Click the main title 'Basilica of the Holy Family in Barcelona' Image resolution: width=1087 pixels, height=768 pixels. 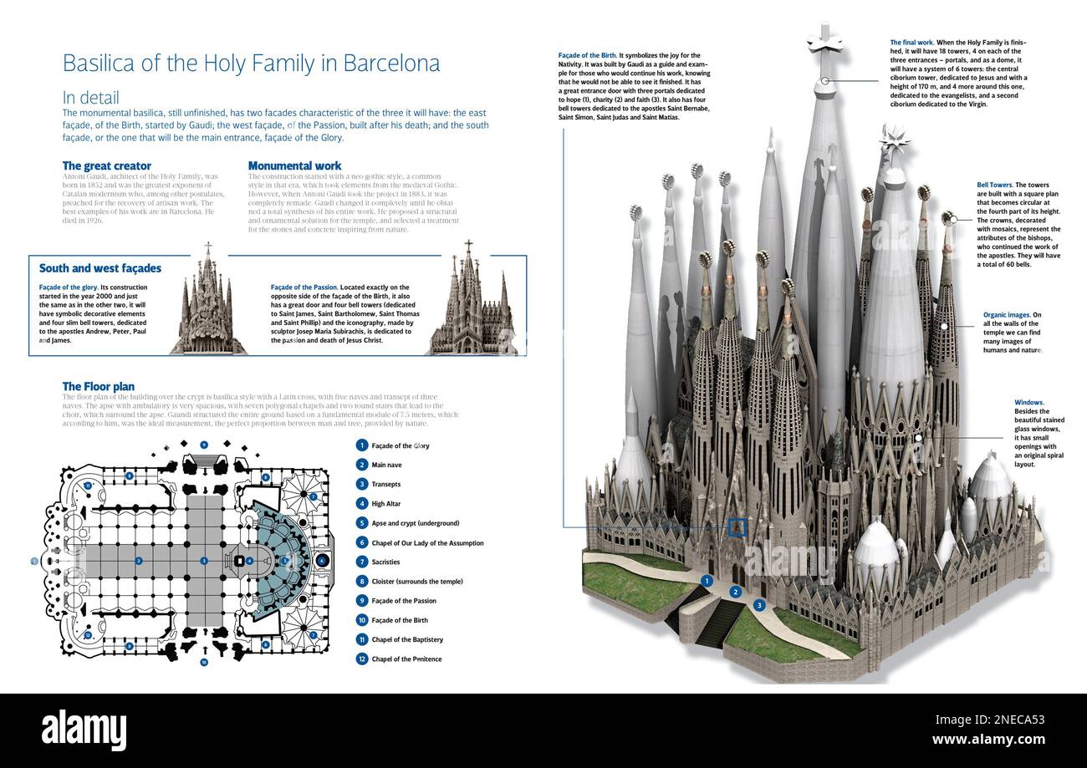pyautogui.click(x=251, y=64)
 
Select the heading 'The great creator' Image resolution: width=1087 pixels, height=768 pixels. pyautogui.click(x=107, y=165)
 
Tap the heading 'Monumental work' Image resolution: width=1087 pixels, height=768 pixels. pyautogui.click(x=294, y=165)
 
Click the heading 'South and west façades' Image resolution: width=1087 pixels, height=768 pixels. pyautogui.click(x=100, y=268)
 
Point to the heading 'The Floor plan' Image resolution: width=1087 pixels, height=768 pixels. pyautogui.click(x=98, y=386)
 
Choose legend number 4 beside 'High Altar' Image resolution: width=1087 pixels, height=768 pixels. pyautogui.click(x=361, y=504)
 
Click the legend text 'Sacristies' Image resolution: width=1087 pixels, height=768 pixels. pyautogui.click(x=385, y=562)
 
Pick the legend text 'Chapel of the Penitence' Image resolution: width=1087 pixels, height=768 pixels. pyautogui.click(x=406, y=659)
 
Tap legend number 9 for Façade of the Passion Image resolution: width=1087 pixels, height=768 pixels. pyautogui.click(x=361, y=601)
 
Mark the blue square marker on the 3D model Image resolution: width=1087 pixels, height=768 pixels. pyautogui.click(x=737, y=526)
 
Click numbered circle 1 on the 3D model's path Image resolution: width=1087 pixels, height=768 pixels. pyautogui.click(x=707, y=580)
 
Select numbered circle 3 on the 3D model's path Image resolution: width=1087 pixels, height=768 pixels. pyautogui.click(x=759, y=604)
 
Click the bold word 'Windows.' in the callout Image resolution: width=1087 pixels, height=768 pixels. pyautogui.click(x=1028, y=403)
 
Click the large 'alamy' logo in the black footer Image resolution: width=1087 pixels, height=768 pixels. pyautogui.click(x=89, y=730)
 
